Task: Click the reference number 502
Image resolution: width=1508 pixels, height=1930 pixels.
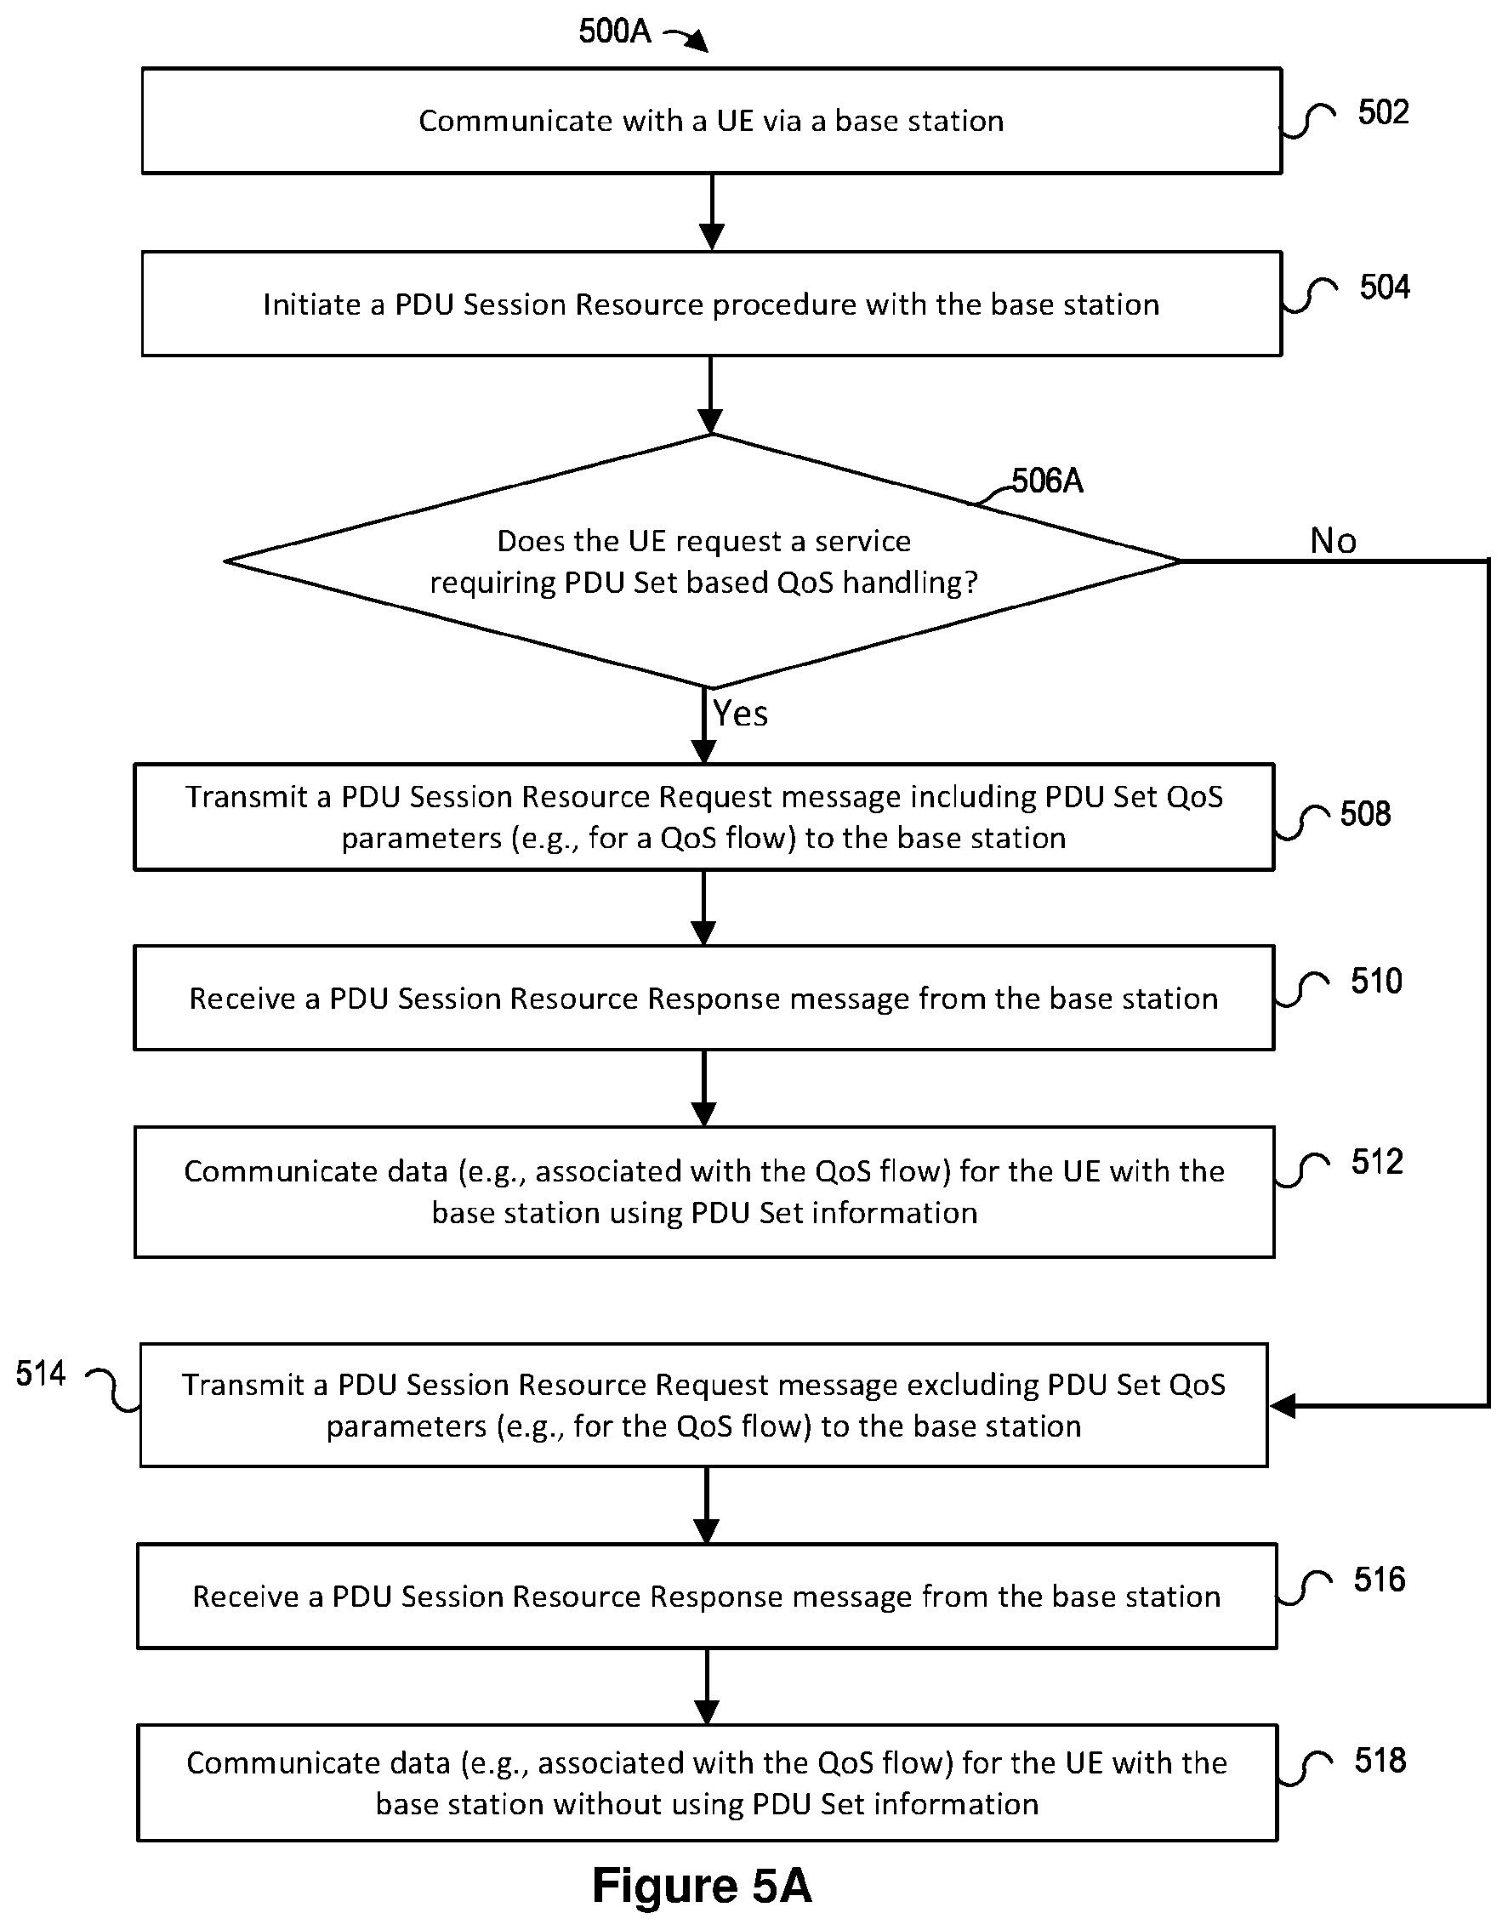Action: (1383, 113)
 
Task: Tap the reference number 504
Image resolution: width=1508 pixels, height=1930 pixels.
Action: (1385, 288)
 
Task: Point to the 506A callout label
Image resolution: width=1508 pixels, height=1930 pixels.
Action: (1047, 481)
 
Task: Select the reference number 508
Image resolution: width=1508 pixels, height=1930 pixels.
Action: (1365, 814)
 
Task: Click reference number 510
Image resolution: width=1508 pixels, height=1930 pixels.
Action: (1376, 981)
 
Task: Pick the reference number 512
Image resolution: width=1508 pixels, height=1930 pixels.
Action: (1377, 1162)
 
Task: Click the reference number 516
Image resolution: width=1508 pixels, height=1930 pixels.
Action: (1379, 1580)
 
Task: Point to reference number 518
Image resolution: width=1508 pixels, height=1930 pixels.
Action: (1380, 1761)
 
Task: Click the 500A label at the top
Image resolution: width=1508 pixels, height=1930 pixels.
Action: (615, 31)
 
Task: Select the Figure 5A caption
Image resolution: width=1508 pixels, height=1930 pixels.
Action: (702, 1886)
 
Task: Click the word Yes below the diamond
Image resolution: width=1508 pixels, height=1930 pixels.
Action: (740, 713)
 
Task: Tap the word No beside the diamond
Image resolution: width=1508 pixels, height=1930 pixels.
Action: (1333, 541)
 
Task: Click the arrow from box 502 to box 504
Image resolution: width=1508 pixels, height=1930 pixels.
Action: (711, 212)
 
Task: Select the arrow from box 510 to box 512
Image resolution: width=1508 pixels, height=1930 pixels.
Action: (704, 1088)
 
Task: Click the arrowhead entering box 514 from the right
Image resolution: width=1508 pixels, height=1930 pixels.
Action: (1282, 1406)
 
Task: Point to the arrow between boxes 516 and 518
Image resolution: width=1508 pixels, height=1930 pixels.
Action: (707, 1686)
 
